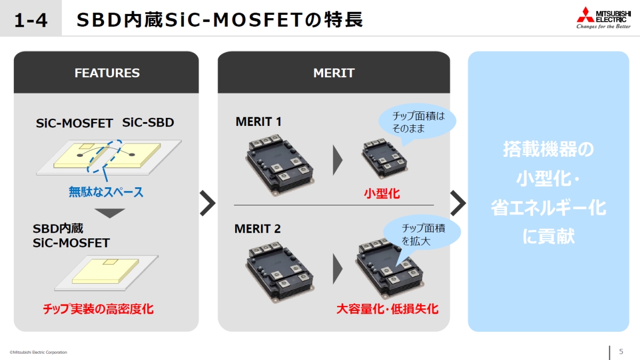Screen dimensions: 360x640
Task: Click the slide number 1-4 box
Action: [30, 20]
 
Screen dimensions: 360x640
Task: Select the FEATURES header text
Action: [107, 73]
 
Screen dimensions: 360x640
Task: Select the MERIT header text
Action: [334, 73]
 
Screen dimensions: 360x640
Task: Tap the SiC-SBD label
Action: [148, 123]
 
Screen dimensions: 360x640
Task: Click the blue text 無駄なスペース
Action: [106, 192]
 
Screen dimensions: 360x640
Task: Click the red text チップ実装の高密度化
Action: [98, 309]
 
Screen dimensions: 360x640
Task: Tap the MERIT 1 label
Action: [258, 122]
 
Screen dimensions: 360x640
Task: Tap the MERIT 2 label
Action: [258, 229]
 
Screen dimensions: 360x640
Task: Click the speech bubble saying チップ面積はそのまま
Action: [418, 122]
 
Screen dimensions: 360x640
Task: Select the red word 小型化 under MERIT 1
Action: [382, 194]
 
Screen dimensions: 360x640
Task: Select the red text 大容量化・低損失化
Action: [387, 309]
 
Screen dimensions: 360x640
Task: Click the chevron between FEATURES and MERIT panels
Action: [207, 203]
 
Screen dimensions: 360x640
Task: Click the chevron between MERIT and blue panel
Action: [458, 203]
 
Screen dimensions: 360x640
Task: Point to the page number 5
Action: [621, 351]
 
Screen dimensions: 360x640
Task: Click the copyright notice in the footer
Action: [38, 352]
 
